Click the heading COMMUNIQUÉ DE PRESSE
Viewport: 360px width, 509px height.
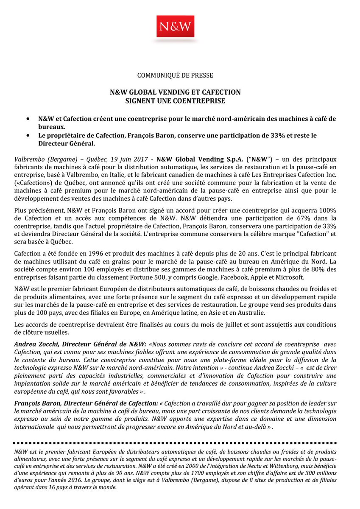175,76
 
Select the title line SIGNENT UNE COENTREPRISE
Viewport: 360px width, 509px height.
175,101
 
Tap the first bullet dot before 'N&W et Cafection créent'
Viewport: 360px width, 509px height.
28,119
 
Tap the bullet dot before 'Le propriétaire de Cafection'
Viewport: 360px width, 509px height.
28,135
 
